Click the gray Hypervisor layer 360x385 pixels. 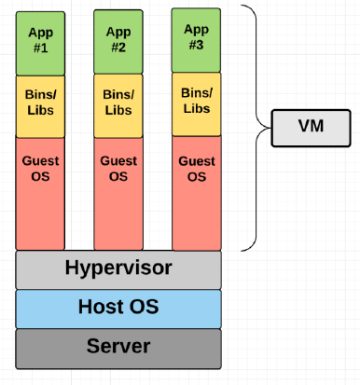click(118, 269)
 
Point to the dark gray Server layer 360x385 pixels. click(118, 347)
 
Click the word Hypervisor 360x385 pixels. click(118, 269)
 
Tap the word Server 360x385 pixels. click(118, 347)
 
